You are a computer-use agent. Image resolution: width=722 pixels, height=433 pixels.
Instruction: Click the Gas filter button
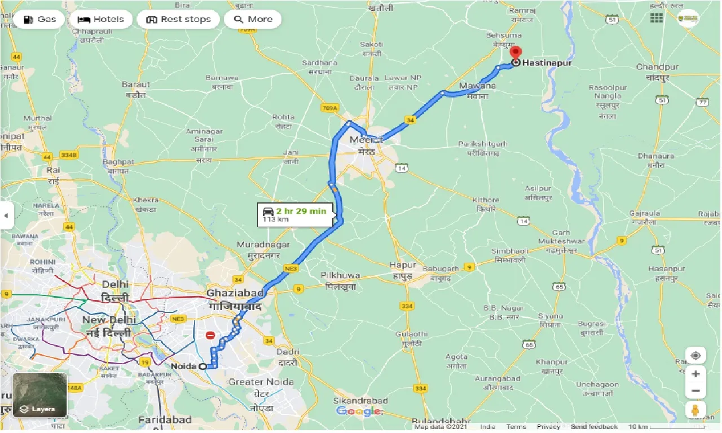click(39, 19)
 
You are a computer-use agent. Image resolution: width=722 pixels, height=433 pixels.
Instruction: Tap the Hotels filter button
click(102, 19)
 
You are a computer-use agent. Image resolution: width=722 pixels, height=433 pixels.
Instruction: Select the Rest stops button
click(178, 19)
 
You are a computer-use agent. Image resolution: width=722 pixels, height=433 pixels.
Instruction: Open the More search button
click(253, 19)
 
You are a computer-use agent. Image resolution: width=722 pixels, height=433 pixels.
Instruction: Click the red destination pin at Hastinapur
click(515, 52)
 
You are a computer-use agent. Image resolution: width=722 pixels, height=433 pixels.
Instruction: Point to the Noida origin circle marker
click(202, 366)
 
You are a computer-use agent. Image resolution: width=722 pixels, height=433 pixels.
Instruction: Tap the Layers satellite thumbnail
click(40, 395)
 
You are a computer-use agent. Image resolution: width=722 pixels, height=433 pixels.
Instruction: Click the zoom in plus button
click(695, 373)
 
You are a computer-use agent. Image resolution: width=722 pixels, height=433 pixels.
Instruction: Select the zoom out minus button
click(695, 391)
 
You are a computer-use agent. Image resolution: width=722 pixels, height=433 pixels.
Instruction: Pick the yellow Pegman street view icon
click(695, 410)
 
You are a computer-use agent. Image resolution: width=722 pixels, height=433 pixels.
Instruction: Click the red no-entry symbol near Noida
click(210, 335)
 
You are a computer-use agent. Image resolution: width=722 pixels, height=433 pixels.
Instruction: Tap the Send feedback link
click(594, 427)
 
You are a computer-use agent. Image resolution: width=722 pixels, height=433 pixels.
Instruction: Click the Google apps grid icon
click(656, 18)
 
